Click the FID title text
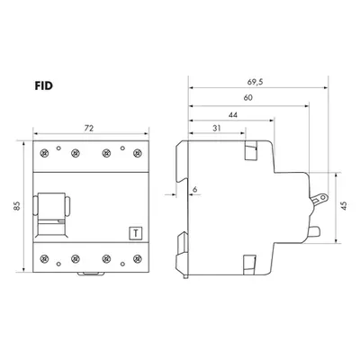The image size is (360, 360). pos(44,86)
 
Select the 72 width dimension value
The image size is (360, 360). pos(89,129)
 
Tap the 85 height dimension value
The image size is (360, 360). pos(17,205)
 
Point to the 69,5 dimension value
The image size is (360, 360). pos(256,82)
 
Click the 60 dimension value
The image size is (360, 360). pos(248,97)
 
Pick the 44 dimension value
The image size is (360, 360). pos(233,115)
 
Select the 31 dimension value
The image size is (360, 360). pos(217,129)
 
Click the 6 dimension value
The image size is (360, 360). pos(195,189)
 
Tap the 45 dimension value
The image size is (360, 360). pos(344,205)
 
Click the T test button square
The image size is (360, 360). pos(136,233)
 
